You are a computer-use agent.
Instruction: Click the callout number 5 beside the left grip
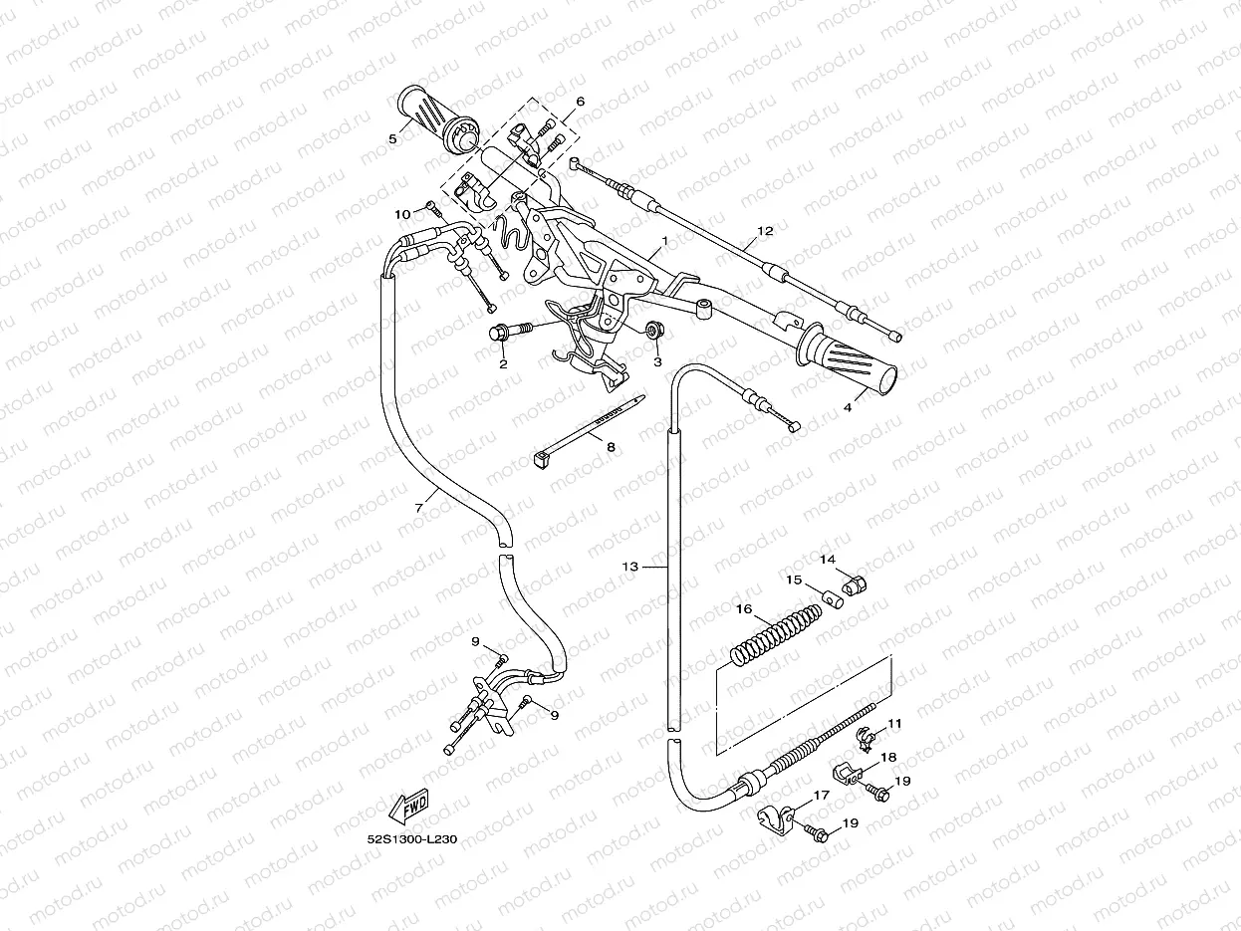tap(392, 138)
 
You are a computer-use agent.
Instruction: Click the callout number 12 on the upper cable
tap(765, 231)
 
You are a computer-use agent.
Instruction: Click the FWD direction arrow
tap(408, 807)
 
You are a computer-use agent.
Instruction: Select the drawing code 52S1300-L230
tap(412, 839)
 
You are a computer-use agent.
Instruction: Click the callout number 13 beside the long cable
tap(629, 566)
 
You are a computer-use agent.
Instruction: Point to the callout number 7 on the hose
tap(419, 508)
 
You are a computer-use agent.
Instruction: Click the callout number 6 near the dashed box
tap(580, 102)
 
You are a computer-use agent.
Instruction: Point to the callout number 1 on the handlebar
tap(664, 241)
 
